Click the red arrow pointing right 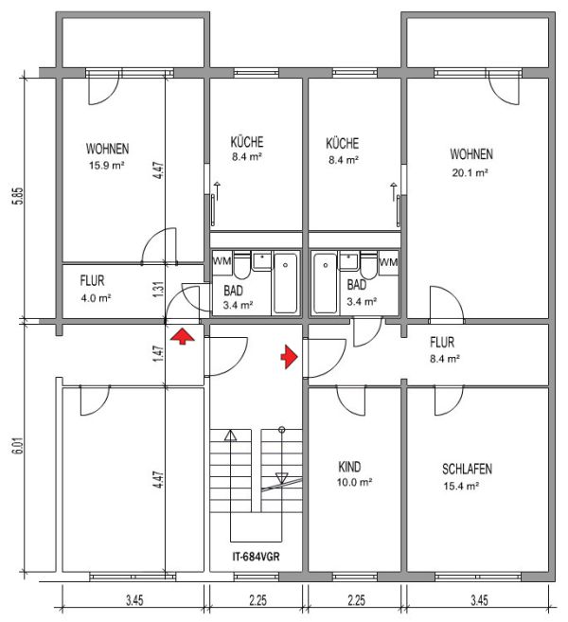[x=289, y=357]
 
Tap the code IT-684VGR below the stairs [x=256, y=557]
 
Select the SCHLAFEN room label [x=467, y=470]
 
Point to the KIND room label [x=349, y=467]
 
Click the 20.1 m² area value [x=470, y=173]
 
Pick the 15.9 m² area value [x=107, y=166]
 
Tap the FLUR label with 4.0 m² [x=92, y=281]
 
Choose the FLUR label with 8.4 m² [x=442, y=343]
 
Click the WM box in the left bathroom [x=222, y=262]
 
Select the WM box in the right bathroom [x=389, y=262]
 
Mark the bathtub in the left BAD [x=286, y=282]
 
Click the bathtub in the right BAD [x=325, y=283]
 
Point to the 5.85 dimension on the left [x=19, y=196]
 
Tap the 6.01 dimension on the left [x=19, y=446]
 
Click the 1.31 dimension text [x=158, y=290]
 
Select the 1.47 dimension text [x=158, y=354]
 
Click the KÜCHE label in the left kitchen [x=247, y=142]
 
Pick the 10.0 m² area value [x=354, y=483]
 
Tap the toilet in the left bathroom [x=241, y=265]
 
